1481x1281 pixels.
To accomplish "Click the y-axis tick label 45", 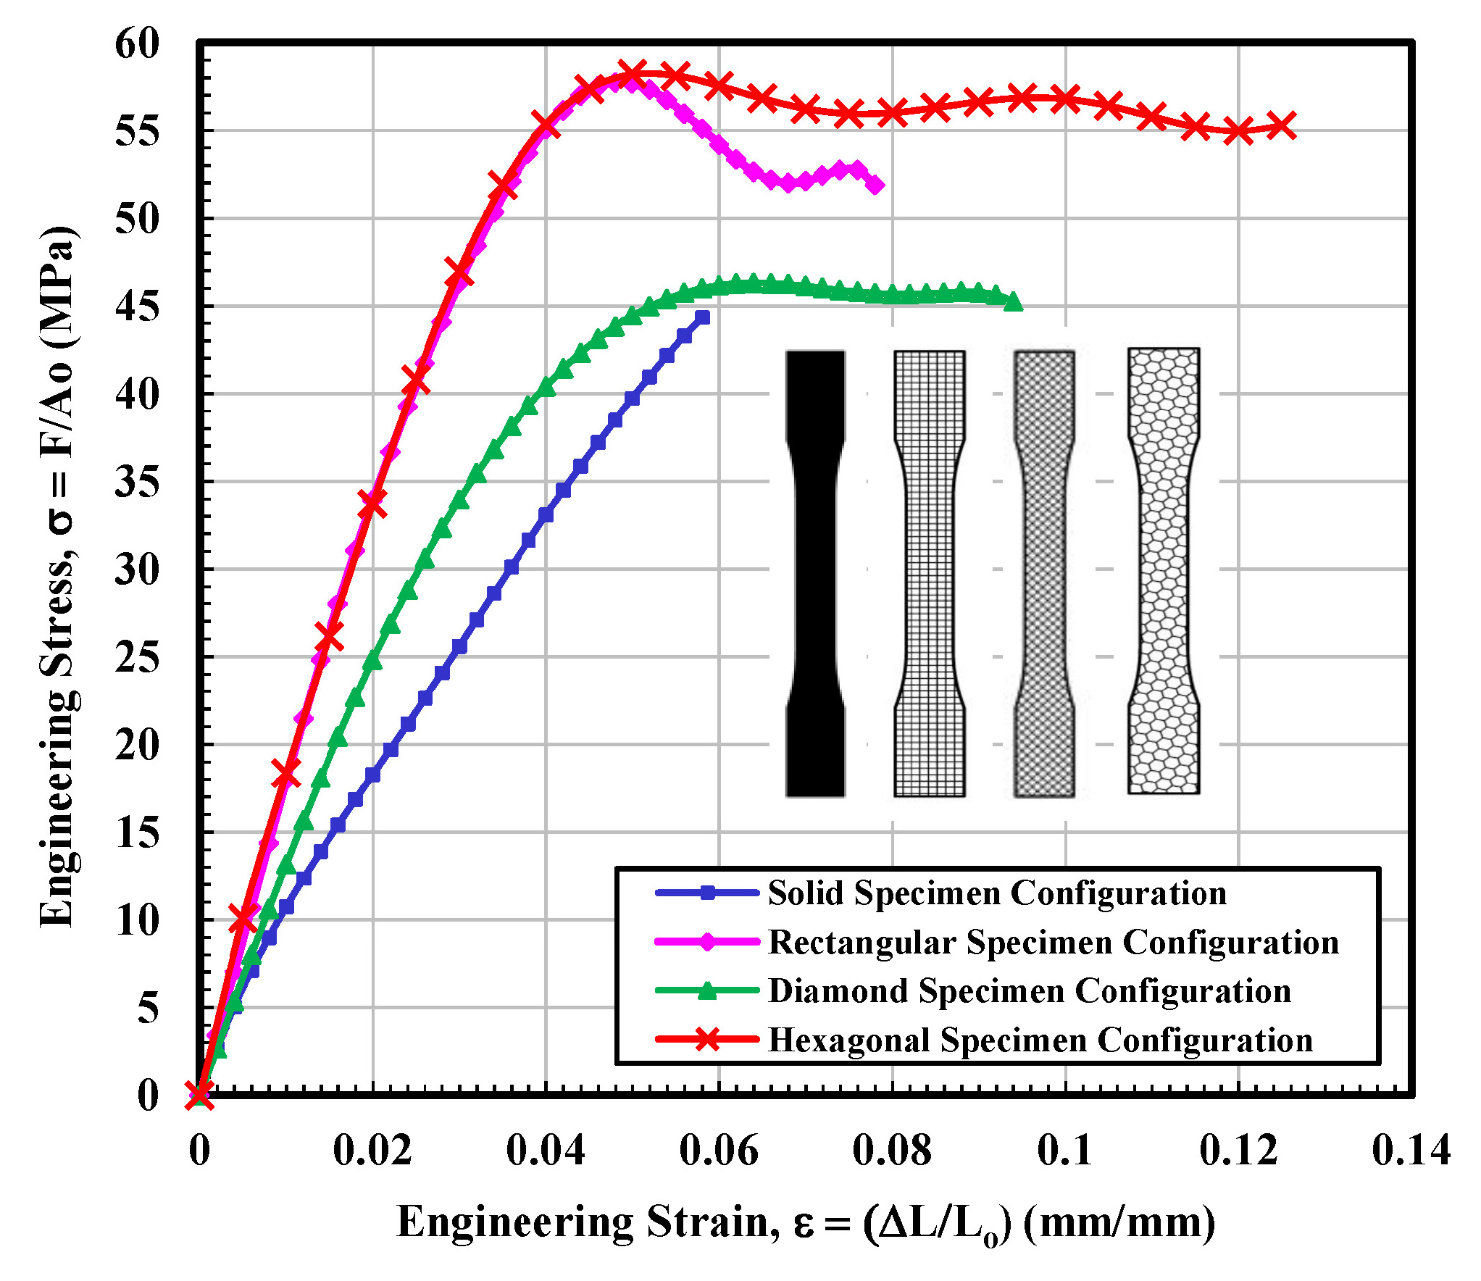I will (137, 306).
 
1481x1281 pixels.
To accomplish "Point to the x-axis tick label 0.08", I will (891, 1150).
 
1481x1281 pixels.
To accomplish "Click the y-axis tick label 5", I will (148, 1008).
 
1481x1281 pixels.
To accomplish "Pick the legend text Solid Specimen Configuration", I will (997, 893).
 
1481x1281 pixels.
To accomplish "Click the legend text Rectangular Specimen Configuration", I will (1053, 942).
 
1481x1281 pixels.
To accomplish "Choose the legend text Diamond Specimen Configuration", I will (1029, 990).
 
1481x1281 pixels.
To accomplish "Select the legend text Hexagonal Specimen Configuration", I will (1040, 1040).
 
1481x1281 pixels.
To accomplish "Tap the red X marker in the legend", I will (707, 1039).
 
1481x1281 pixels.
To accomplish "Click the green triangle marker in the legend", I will (707, 990).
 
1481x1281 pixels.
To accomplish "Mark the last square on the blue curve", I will (702, 317).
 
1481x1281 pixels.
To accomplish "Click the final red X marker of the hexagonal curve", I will (1282, 125).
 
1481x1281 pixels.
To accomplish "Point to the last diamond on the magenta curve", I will (875, 185).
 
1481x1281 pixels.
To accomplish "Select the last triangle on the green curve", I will (1014, 301).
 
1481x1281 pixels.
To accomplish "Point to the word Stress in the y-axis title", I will (58, 630).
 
